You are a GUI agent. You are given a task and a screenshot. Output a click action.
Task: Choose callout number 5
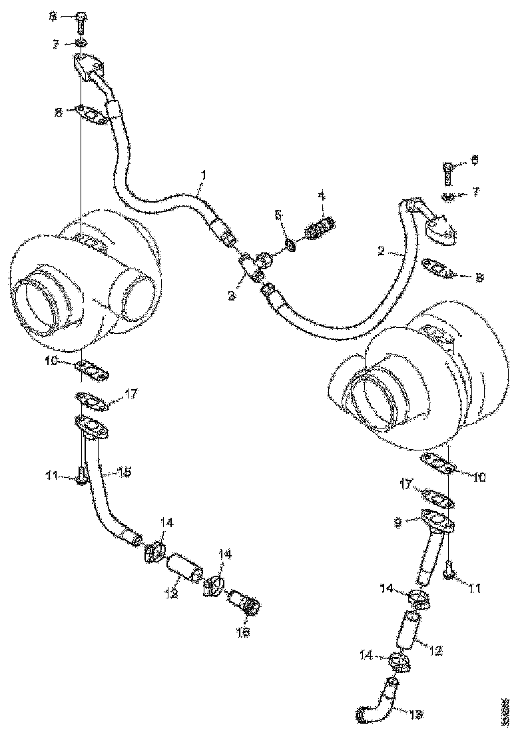pyautogui.click(x=279, y=215)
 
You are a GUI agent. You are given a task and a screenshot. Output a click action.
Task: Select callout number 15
pyautogui.click(x=125, y=471)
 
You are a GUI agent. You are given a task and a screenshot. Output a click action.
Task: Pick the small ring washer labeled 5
pyautogui.click(x=291, y=247)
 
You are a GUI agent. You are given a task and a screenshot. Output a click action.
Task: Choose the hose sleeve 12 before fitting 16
pyautogui.click(x=184, y=568)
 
